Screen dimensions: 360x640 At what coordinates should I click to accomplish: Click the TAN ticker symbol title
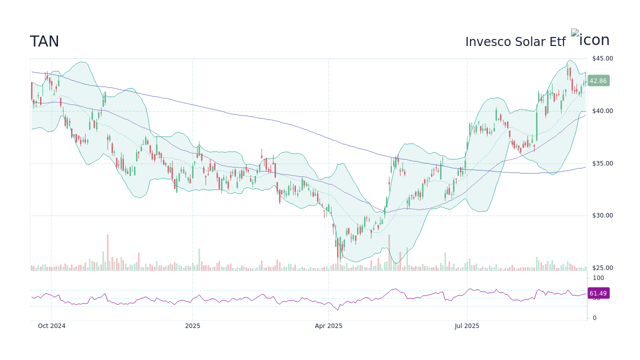point(44,42)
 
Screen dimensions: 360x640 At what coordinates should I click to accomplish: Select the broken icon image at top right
point(575,33)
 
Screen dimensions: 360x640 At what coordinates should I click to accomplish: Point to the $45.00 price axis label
point(602,58)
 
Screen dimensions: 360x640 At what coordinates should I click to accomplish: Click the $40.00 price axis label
point(602,111)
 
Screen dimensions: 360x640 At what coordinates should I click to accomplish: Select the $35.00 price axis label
point(602,163)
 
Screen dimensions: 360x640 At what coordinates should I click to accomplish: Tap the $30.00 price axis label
point(602,215)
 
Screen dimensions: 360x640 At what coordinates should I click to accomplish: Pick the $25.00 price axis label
point(602,268)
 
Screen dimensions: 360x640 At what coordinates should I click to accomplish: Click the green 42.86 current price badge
point(598,80)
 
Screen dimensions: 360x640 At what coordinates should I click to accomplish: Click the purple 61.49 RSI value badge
point(598,293)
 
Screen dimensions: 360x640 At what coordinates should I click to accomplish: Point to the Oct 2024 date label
point(51,326)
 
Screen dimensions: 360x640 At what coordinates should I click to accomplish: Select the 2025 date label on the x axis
point(192,326)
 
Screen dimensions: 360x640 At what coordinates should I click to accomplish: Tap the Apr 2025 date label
point(328,326)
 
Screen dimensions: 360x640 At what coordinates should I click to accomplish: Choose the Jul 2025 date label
point(467,326)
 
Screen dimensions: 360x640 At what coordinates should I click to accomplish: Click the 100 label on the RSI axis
point(598,278)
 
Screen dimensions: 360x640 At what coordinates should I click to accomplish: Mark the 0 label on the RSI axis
point(594,318)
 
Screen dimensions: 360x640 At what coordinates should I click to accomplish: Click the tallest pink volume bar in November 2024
point(107,253)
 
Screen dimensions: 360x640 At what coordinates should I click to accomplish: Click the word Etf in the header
point(557,42)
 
